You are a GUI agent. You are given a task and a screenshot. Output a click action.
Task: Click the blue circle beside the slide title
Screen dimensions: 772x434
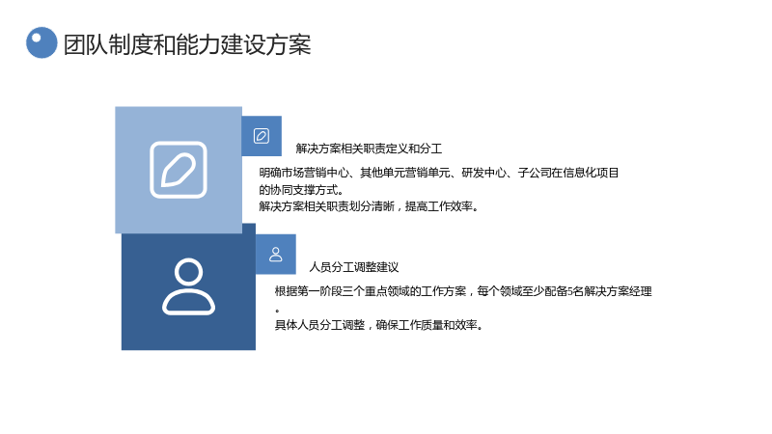coord(41,42)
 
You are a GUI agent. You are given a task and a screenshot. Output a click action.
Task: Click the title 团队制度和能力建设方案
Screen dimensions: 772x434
coord(187,44)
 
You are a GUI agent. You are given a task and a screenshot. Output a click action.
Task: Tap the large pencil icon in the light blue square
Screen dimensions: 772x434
coord(179,170)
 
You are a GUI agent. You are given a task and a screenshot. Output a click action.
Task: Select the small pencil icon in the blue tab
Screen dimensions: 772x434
coord(262,136)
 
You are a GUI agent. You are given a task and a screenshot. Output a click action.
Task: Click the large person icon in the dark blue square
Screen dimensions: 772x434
coord(188,286)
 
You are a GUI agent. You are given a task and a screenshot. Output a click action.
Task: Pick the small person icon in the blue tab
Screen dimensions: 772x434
coord(276,255)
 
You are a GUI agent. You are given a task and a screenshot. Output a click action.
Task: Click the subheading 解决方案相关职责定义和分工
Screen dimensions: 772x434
coord(369,149)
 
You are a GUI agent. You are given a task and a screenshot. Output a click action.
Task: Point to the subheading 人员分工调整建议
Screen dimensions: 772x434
coord(353,267)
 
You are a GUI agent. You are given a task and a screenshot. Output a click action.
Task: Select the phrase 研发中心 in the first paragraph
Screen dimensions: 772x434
coord(483,173)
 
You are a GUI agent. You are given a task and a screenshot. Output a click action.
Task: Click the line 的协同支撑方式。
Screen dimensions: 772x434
coord(301,189)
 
